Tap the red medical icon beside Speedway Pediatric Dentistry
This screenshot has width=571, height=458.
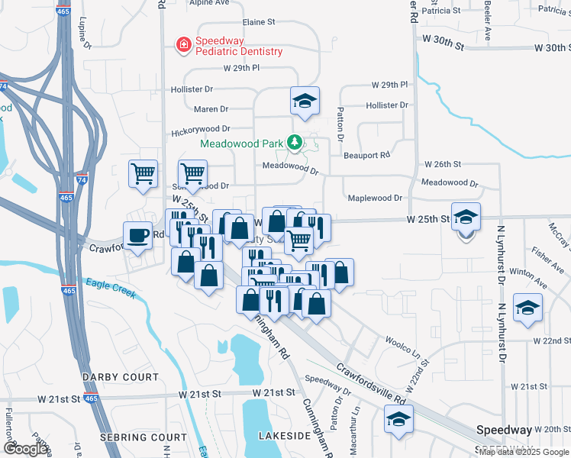point(183,46)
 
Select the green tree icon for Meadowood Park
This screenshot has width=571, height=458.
point(293,143)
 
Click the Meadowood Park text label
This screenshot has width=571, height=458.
point(242,143)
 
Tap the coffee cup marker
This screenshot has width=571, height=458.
point(138,236)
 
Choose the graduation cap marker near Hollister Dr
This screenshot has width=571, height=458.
point(305,102)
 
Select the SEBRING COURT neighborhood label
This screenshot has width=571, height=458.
point(143,437)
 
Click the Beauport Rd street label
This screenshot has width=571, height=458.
point(366,155)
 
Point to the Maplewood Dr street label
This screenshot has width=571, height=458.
point(375,198)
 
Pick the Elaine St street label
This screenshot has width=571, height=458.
point(263,23)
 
